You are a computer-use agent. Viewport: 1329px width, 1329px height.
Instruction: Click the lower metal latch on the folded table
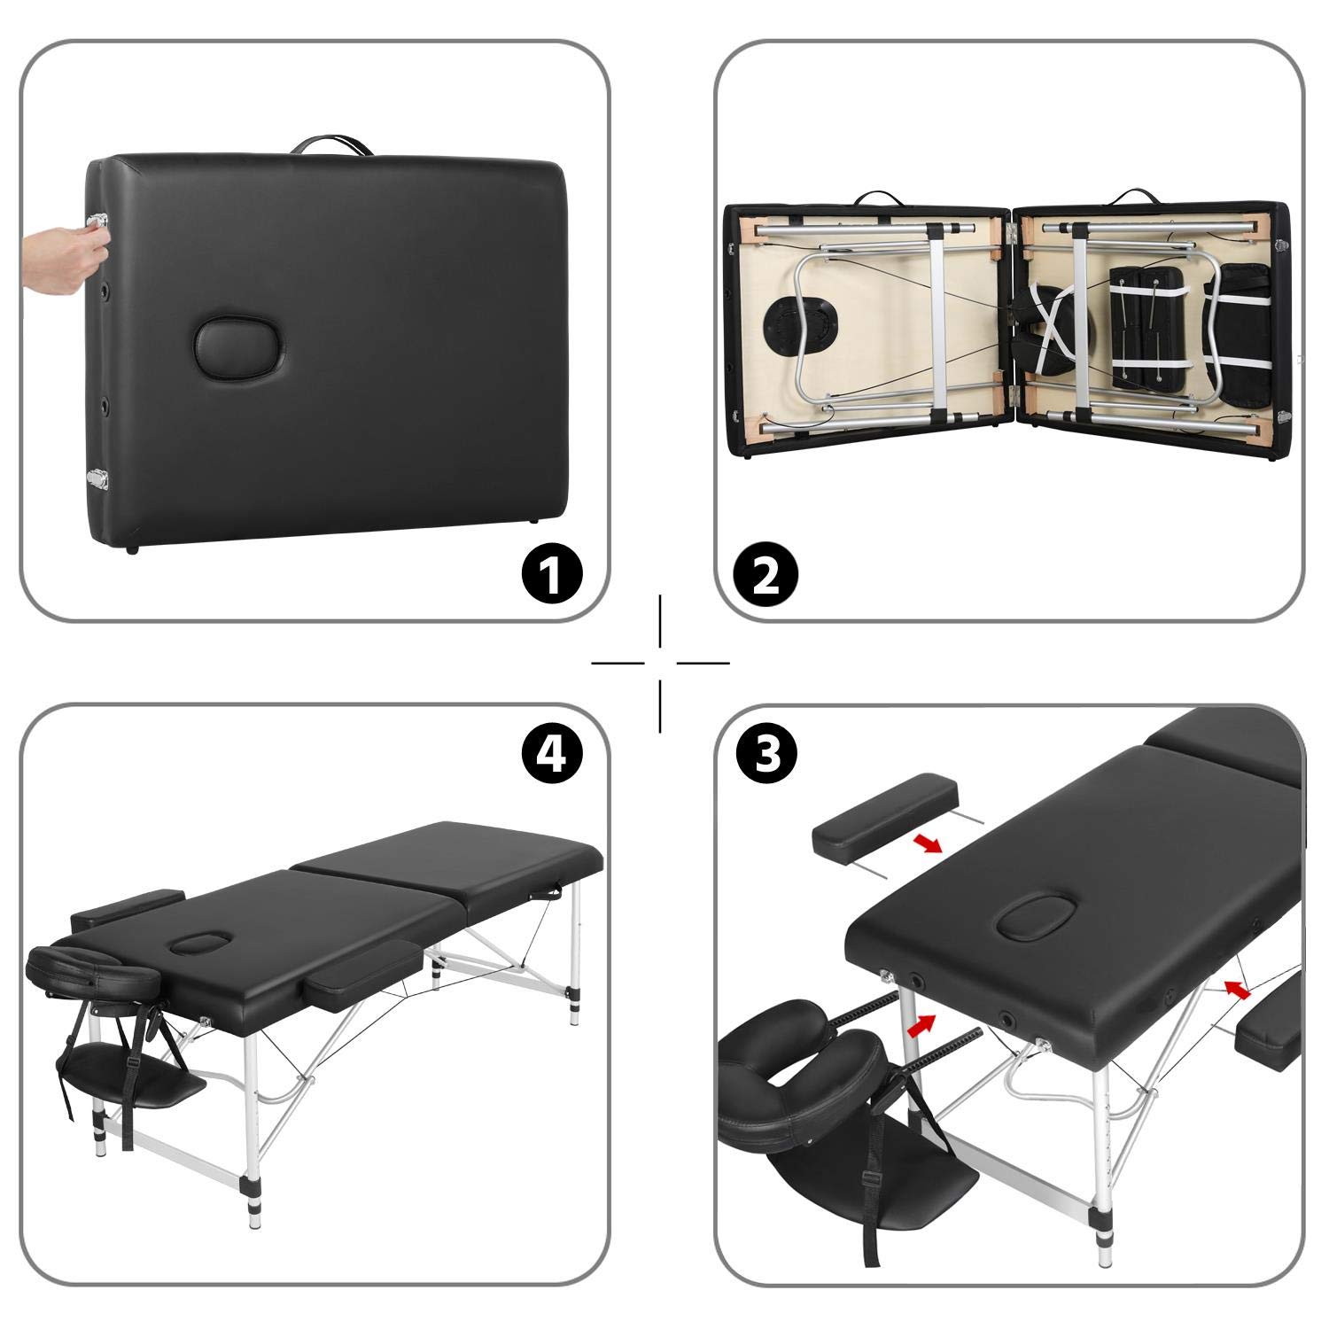(x=95, y=478)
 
